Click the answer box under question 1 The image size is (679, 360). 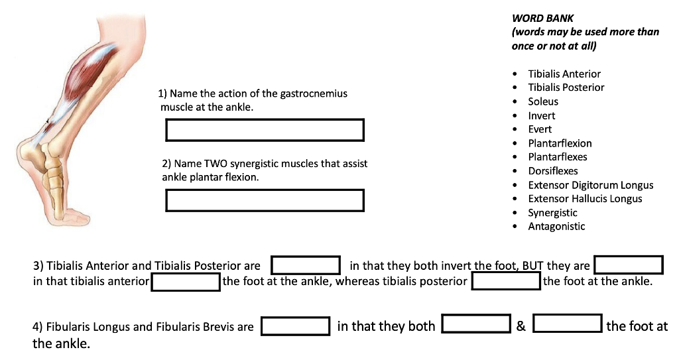265,130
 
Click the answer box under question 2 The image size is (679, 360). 265,201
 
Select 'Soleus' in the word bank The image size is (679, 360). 543,101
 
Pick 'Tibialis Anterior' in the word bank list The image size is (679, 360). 564,74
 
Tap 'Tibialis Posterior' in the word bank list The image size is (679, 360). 566,88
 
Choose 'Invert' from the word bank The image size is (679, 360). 541,115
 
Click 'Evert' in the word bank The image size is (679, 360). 540,129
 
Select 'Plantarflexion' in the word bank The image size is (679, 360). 560,143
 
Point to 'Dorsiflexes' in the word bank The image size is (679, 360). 553,171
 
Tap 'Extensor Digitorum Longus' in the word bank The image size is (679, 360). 591,185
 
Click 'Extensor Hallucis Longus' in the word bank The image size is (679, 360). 585,199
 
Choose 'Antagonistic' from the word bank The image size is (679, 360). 556,227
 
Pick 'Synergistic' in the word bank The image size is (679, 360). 552,213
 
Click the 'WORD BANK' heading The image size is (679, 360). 542,18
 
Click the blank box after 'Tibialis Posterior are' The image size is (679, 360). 306,265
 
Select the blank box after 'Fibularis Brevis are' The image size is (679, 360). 295,326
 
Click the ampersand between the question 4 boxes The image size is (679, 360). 521,326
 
